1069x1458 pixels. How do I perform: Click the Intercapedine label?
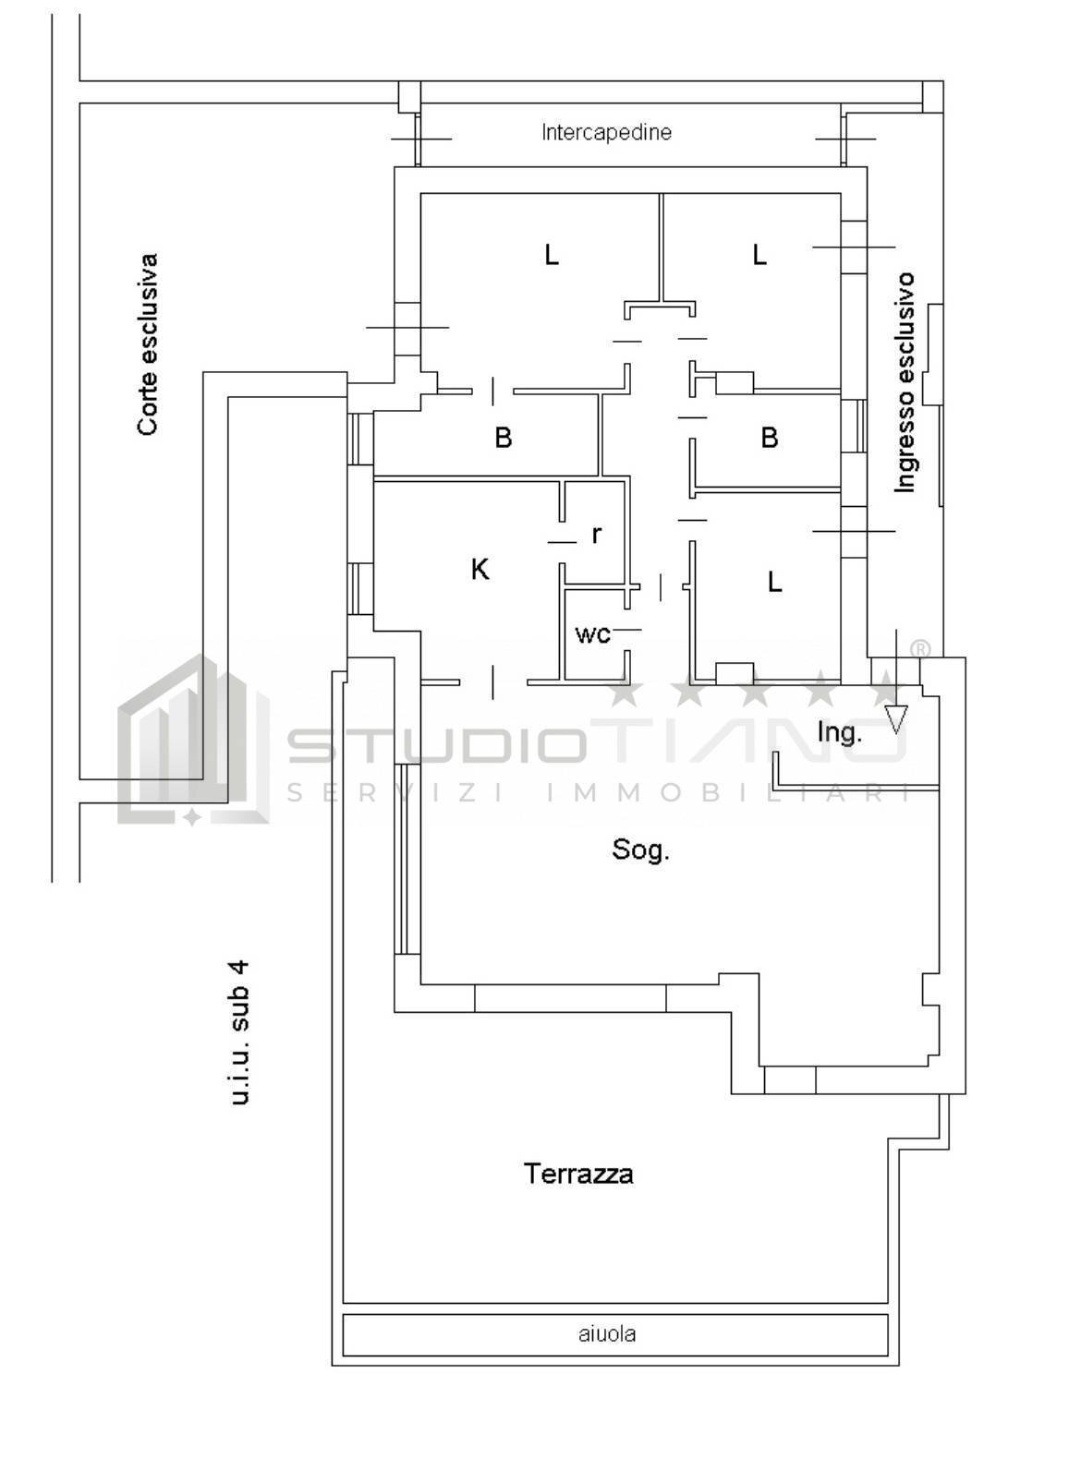click(606, 133)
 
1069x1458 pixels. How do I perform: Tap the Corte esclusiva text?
click(148, 344)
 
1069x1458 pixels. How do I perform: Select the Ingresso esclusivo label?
click(905, 382)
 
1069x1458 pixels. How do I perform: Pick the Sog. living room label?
click(640, 850)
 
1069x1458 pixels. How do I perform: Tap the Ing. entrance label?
click(840, 733)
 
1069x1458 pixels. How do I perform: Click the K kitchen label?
click(480, 570)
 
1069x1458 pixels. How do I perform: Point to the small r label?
click(597, 535)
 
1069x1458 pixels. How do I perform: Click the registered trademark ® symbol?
click(919, 648)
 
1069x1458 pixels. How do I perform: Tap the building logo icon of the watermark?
click(193, 740)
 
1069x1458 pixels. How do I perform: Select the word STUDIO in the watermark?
click(435, 747)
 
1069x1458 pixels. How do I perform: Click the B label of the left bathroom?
click(503, 438)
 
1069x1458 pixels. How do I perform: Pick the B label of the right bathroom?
click(770, 438)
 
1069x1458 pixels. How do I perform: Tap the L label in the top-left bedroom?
click(551, 255)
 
